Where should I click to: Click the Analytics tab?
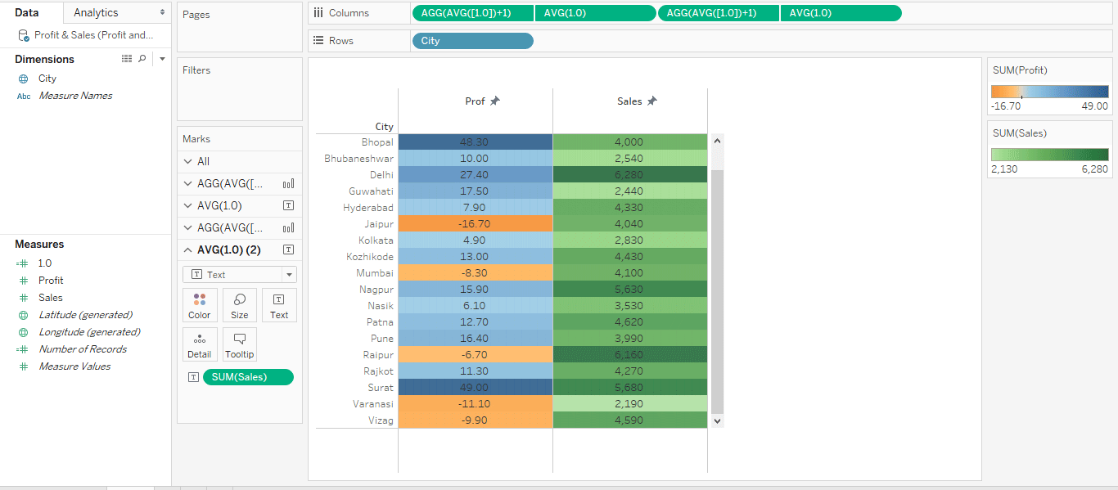(96, 12)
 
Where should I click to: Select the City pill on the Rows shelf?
(472, 41)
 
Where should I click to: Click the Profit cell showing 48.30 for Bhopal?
(475, 142)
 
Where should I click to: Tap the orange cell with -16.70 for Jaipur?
(475, 224)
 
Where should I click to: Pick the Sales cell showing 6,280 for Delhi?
(629, 175)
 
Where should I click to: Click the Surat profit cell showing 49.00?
(475, 388)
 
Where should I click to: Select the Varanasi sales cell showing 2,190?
(629, 404)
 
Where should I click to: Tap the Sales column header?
(629, 101)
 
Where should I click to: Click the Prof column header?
(475, 101)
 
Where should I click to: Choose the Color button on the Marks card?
(200, 305)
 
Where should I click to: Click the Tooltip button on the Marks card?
(240, 344)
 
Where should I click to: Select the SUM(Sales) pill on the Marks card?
(247, 377)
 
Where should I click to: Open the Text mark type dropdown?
(240, 275)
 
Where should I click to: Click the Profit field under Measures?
(51, 281)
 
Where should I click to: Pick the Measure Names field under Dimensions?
(75, 96)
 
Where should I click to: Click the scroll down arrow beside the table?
(718, 420)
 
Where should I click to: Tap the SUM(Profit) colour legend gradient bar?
(1049, 92)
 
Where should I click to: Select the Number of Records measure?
(83, 349)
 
